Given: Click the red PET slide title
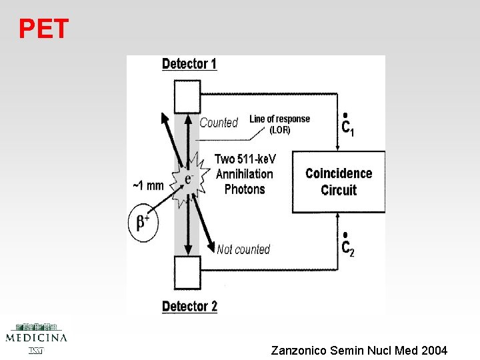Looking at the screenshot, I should (43, 29).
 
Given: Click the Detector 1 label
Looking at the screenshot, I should (189, 64).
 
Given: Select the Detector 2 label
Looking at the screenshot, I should (189, 307).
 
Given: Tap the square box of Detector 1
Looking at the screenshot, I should (187, 97).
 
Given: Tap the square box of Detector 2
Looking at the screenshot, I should (187, 273).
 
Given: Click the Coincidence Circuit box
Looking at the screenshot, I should (339, 181).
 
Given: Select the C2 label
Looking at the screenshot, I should (347, 247).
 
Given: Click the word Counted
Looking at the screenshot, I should (219, 123).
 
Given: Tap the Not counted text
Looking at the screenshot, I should (243, 249).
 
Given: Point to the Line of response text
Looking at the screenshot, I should (279, 119).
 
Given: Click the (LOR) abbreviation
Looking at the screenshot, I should (279, 130).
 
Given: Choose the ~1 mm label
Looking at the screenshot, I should (148, 185).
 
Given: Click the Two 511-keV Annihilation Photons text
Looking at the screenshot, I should (245, 174).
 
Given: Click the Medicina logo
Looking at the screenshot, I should (36, 337).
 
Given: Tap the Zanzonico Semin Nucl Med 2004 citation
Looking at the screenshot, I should (359, 350).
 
